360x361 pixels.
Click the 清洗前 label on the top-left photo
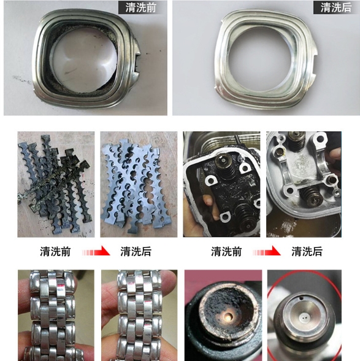coord(141,7)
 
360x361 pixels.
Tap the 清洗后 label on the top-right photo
coord(336,7)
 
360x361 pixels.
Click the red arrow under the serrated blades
coord(96,252)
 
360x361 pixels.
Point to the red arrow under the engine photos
coord(267,252)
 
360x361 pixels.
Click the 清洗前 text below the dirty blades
coord(55,252)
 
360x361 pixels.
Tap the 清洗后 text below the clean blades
coord(136,252)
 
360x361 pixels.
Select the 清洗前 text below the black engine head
coord(226,252)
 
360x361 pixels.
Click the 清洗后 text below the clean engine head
coord(307,252)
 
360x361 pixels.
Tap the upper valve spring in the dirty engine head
coord(226,165)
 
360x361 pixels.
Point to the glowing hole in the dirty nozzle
coord(228,318)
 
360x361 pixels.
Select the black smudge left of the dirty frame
coord(21,79)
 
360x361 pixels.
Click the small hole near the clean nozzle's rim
coord(301,298)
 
